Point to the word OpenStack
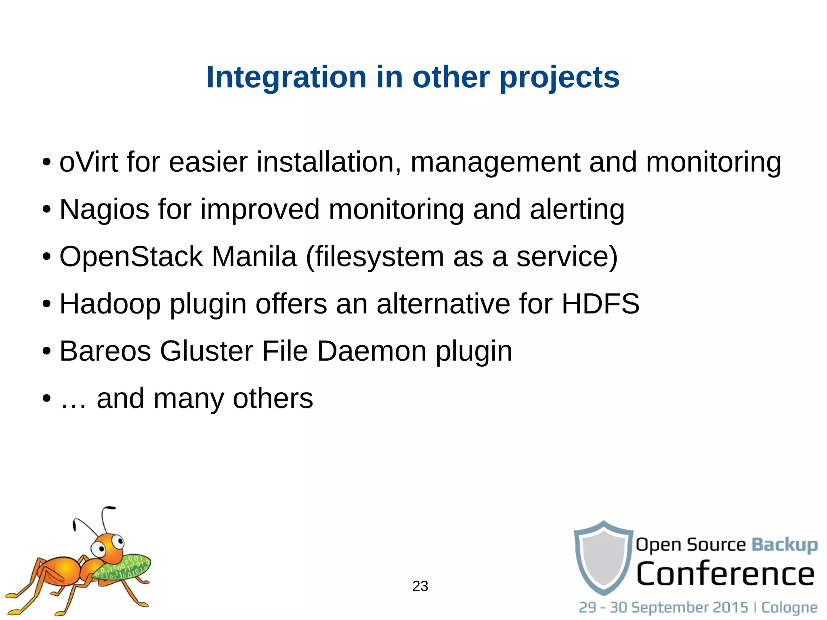click(131, 257)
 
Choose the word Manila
click(254, 257)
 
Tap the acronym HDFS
click(600, 304)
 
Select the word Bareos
click(105, 351)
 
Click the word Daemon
click(372, 351)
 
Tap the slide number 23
click(420, 586)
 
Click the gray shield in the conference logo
click(603, 557)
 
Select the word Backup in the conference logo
click(784, 545)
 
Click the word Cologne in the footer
click(789, 607)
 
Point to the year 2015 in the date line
click(730, 607)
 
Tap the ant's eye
click(99, 548)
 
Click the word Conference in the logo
click(725, 574)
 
